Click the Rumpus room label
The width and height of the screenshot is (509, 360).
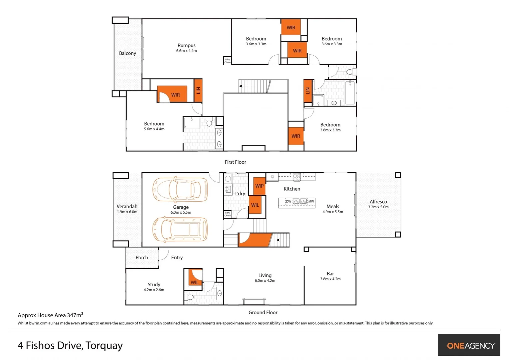tap(186, 45)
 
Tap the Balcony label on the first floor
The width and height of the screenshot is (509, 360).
tap(127, 53)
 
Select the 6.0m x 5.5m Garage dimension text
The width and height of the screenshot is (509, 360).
tap(181, 212)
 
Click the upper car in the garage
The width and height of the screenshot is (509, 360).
tap(180, 190)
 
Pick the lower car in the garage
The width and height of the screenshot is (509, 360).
tap(180, 229)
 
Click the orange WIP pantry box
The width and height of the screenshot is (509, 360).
tap(259, 186)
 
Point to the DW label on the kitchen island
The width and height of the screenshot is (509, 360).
tap(288, 201)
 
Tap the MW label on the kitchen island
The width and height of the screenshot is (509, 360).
tap(311, 201)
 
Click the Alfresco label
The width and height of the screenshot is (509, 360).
tap(378, 202)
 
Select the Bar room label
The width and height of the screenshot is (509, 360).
tap(330, 274)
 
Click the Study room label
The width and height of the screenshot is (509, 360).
tap(154, 284)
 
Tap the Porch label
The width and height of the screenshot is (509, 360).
tap(142, 257)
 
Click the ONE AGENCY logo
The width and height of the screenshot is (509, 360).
tap(470, 346)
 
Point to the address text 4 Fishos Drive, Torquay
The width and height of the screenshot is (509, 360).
tap(70, 345)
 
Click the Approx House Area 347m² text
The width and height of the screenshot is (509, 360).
tap(50, 315)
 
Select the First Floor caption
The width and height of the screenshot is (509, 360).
tap(235, 162)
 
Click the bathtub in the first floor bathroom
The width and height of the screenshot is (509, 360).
tap(350, 93)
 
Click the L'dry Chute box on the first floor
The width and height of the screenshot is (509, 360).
tap(227, 61)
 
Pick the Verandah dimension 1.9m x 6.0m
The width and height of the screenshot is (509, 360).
tap(127, 212)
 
